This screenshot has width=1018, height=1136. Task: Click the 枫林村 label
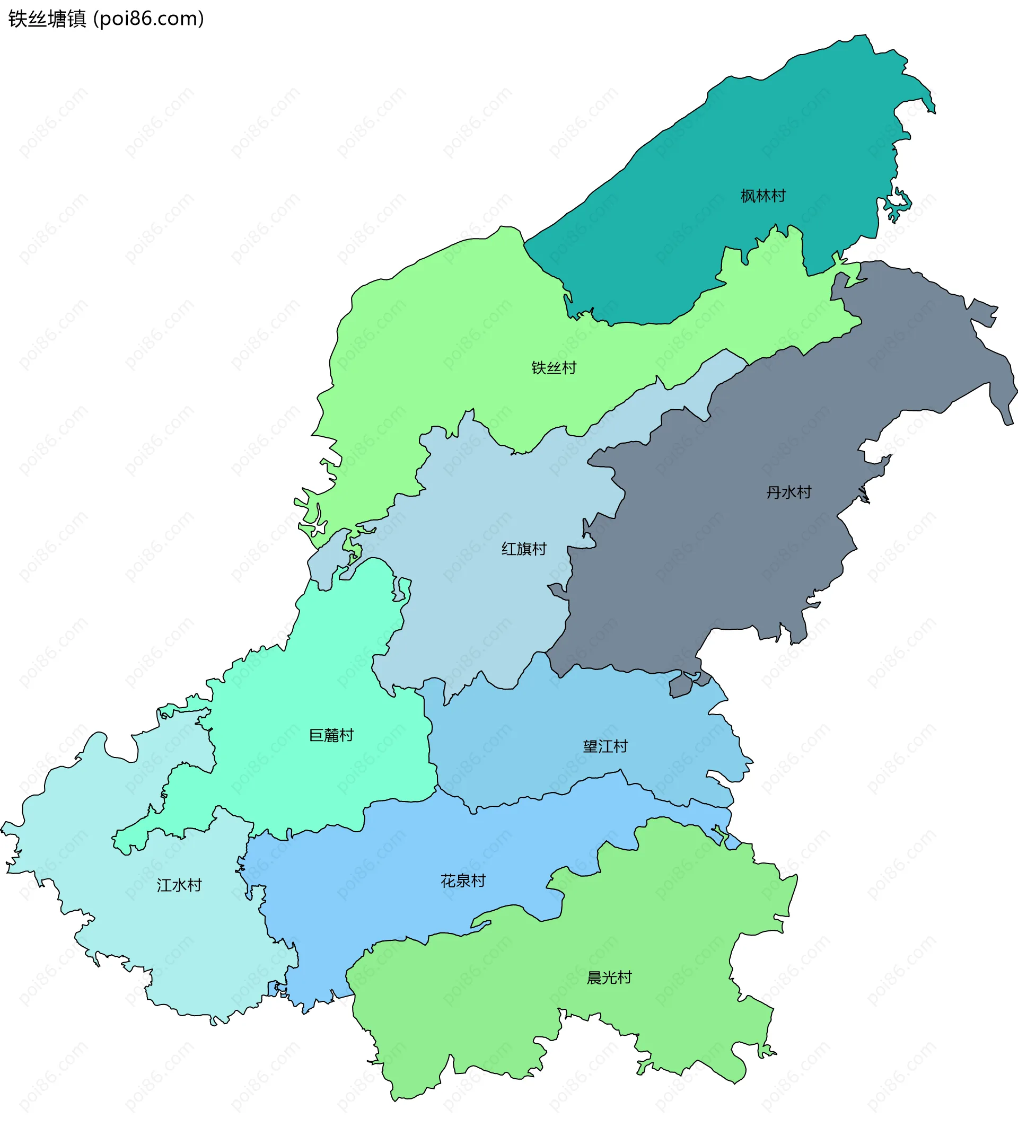tap(763, 196)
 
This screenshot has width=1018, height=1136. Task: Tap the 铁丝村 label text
tap(553, 367)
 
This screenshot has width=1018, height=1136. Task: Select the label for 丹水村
tap(788, 492)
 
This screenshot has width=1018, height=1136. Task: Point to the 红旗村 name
tap(523, 549)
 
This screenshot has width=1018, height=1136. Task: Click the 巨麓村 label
tap(331, 735)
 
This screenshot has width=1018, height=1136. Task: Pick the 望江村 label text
tap(605, 746)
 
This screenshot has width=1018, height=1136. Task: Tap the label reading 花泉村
tap(462, 881)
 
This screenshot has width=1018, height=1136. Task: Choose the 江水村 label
tap(179, 885)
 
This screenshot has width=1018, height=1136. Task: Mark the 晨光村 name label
tap(609, 977)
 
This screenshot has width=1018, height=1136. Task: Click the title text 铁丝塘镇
tap(48, 19)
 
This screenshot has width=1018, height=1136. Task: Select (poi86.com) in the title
tap(149, 19)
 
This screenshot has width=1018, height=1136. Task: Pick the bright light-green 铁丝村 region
tap(447, 336)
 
